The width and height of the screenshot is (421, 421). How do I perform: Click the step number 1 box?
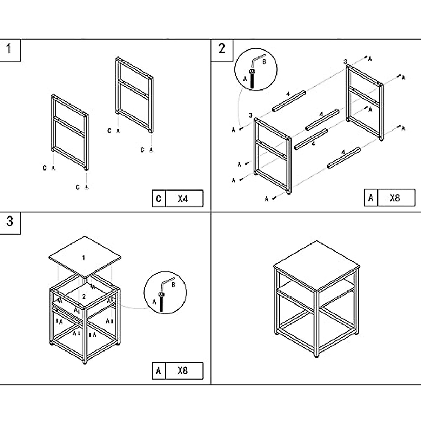pyautogui.click(x=10, y=49)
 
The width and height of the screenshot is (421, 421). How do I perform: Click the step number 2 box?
pyautogui.click(x=221, y=49)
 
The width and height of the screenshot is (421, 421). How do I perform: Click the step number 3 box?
pyautogui.click(x=10, y=222)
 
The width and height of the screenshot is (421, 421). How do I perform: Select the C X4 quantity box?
pyautogui.click(x=178, y=199)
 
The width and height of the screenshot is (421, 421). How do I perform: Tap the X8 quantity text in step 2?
pyautogui.click(x=395, y=198)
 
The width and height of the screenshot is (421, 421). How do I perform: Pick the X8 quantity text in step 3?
pyautogui.click(x=183, y=370)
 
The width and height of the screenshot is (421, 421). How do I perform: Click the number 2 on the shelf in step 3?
pyautogui.click(x=84, y=296)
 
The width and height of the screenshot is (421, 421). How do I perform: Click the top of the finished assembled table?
pyautogui.click(x=317, y=265)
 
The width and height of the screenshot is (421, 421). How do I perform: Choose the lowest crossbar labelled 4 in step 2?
pyautogui.click(x=343, y=158)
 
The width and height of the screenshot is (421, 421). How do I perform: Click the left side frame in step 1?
pyautogui.click(x=70, y=133)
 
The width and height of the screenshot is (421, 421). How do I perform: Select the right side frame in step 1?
pyautogui.click(x=134, y=95)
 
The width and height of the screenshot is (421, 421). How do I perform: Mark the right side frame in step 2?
pyautogui.click(x=365, y=102)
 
